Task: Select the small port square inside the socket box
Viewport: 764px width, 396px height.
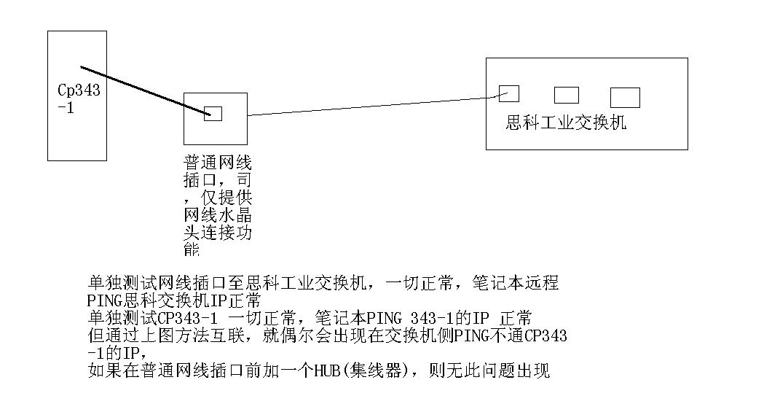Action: [x=213, y=114]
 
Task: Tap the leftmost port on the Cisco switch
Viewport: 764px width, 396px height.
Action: [x=508, y=93]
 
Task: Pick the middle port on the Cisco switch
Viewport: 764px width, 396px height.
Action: [x=566, y=95]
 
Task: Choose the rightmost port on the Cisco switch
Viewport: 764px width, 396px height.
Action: [x=625, y=97]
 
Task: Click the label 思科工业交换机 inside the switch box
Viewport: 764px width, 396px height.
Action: [x=566, y=123]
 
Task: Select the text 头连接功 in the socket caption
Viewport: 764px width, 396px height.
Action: [x=217, y=233]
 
